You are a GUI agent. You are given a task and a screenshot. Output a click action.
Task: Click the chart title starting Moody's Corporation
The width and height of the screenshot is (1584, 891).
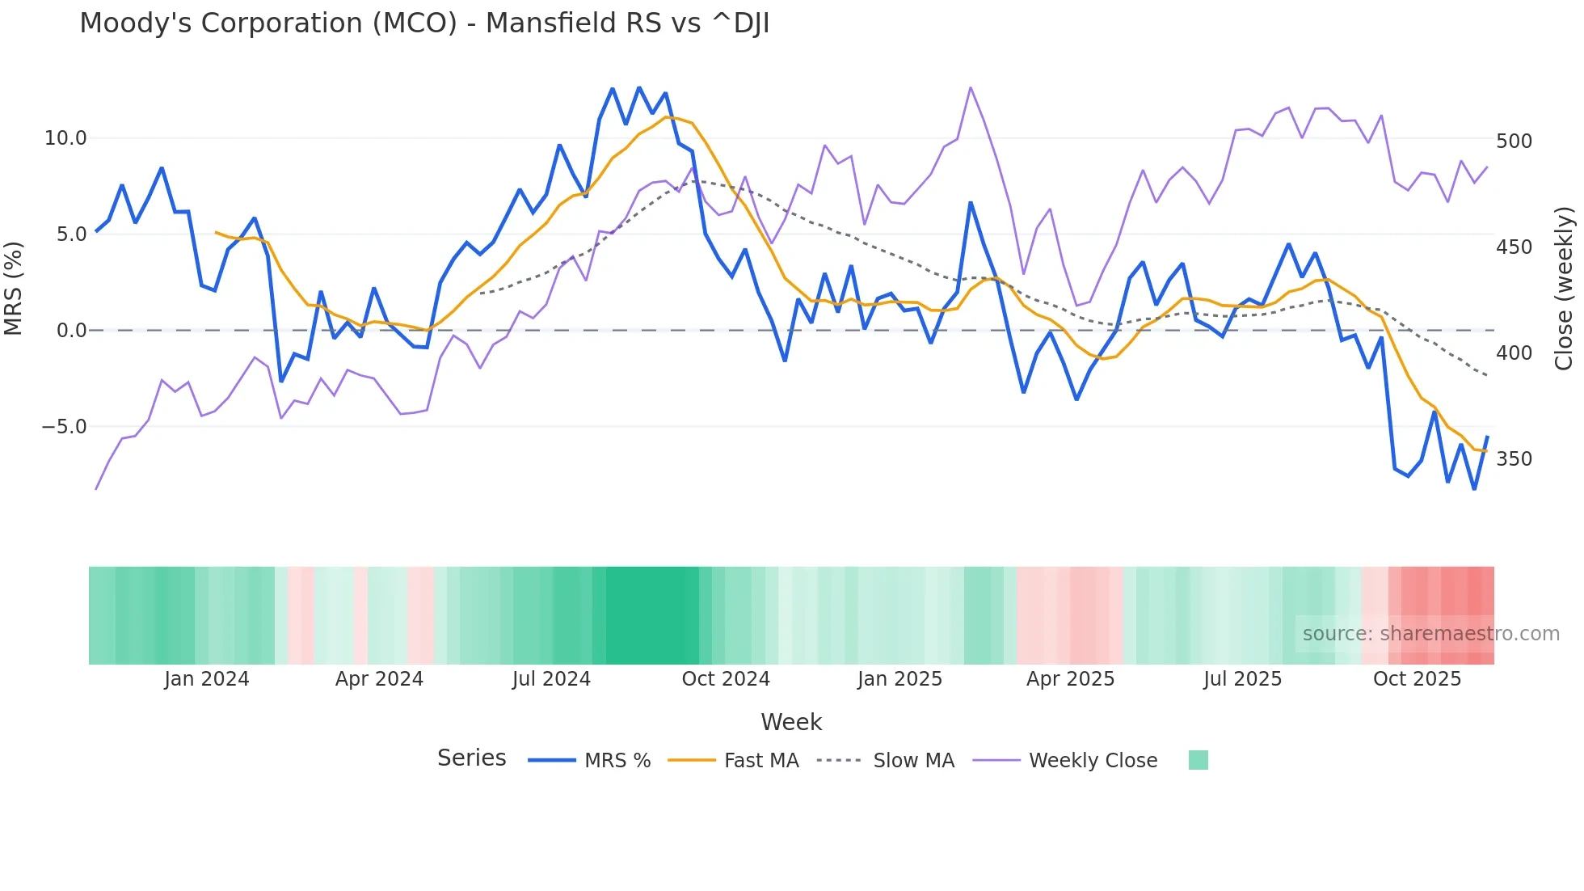click(424, 23)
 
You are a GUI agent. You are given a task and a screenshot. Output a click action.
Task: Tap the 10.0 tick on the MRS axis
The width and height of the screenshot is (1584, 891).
click(65, 138)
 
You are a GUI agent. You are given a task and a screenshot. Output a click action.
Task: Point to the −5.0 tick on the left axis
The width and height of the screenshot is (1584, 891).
click(64, 427)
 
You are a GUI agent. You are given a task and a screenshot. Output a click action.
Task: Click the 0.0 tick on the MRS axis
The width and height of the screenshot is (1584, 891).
click(71, 331)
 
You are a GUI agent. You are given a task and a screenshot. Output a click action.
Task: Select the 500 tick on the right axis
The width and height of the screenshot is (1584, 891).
click(1514, 141)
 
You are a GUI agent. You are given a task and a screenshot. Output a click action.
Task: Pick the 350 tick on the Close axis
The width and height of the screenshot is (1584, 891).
click(1514, 459)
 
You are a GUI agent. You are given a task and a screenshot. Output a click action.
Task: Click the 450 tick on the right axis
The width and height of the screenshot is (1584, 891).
click(1514, 247)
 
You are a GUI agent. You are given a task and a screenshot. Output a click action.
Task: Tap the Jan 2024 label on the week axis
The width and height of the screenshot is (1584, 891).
click(206, 679)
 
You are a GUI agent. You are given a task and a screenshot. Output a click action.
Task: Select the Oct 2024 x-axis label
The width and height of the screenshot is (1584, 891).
click(726, 679)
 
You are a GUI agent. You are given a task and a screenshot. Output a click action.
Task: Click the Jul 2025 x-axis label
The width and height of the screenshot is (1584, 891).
click(1242, 679)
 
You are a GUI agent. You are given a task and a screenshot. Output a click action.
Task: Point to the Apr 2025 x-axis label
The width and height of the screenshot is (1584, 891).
click(1070, 679)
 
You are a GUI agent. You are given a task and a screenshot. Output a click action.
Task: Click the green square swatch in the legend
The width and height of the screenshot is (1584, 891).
click(1199, 760)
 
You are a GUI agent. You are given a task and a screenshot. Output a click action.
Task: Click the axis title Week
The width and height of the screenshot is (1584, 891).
click(791, 722)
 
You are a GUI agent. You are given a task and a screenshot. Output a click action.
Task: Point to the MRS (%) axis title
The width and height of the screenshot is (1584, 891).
click(14, 288)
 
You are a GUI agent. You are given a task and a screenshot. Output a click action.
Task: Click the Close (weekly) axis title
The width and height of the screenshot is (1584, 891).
click(1565, 288)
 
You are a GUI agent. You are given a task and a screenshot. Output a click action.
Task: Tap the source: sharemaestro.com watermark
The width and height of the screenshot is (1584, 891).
click(1430, 634)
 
